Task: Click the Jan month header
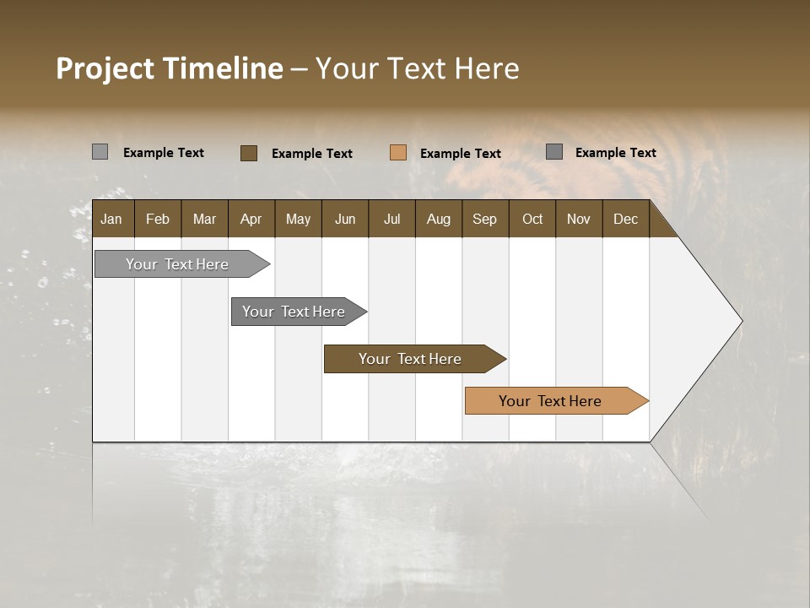pos(111,220)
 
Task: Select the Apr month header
pos(251,220)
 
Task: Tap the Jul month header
pos(391,220)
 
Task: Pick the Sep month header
pos(484,220)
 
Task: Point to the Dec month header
pos(625,220)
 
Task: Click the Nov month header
pos(578,220)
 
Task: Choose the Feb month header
pos(158,220)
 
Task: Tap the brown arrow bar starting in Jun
pos(411,359)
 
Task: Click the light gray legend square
pos(100,152)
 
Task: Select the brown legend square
pos(248,153)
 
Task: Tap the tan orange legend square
pos(398,153)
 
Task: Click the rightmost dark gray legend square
pos(553,152)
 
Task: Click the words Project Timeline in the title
pos(169,68)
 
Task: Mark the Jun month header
pos(345,220)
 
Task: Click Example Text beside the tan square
pos(460,154)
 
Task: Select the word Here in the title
pos(486,68)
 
